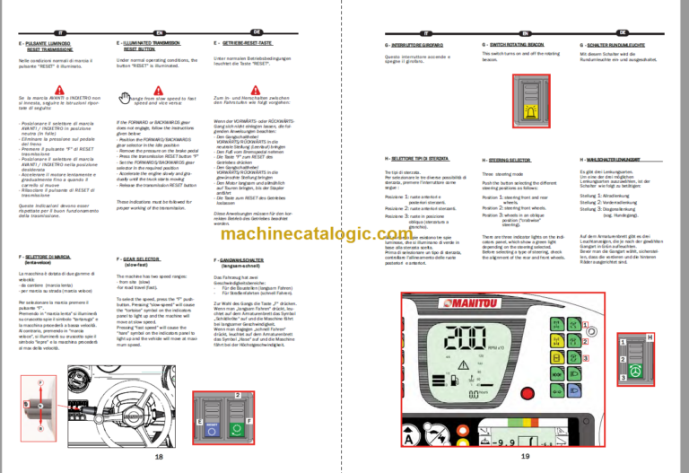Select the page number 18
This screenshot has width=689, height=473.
tap(159, 457)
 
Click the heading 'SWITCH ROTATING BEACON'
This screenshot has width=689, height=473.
tap(518, 44)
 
